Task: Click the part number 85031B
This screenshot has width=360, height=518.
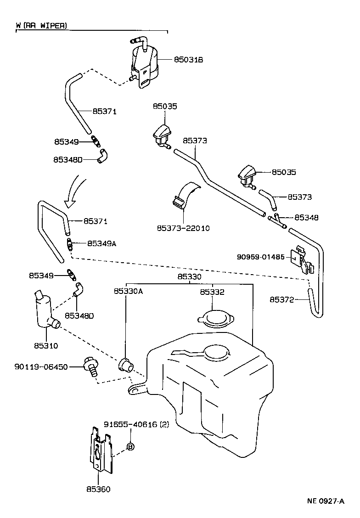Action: [188, 59]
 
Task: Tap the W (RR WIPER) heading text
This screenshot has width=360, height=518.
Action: [42, 26]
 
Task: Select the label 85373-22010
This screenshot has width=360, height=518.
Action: [183, 228]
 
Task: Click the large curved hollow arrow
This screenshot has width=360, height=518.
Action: [75, 189]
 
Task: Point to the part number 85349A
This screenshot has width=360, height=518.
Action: [102, 243]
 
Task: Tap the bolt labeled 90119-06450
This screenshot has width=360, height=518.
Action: [90, 367]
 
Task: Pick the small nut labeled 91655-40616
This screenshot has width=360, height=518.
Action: [130, 446]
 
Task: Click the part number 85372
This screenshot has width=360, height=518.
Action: [281, 299]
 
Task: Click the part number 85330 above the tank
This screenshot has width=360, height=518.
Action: [189, 277]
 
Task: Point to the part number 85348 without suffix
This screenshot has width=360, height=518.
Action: [306, 217]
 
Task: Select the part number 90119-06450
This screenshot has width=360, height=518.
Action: [41, 367]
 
